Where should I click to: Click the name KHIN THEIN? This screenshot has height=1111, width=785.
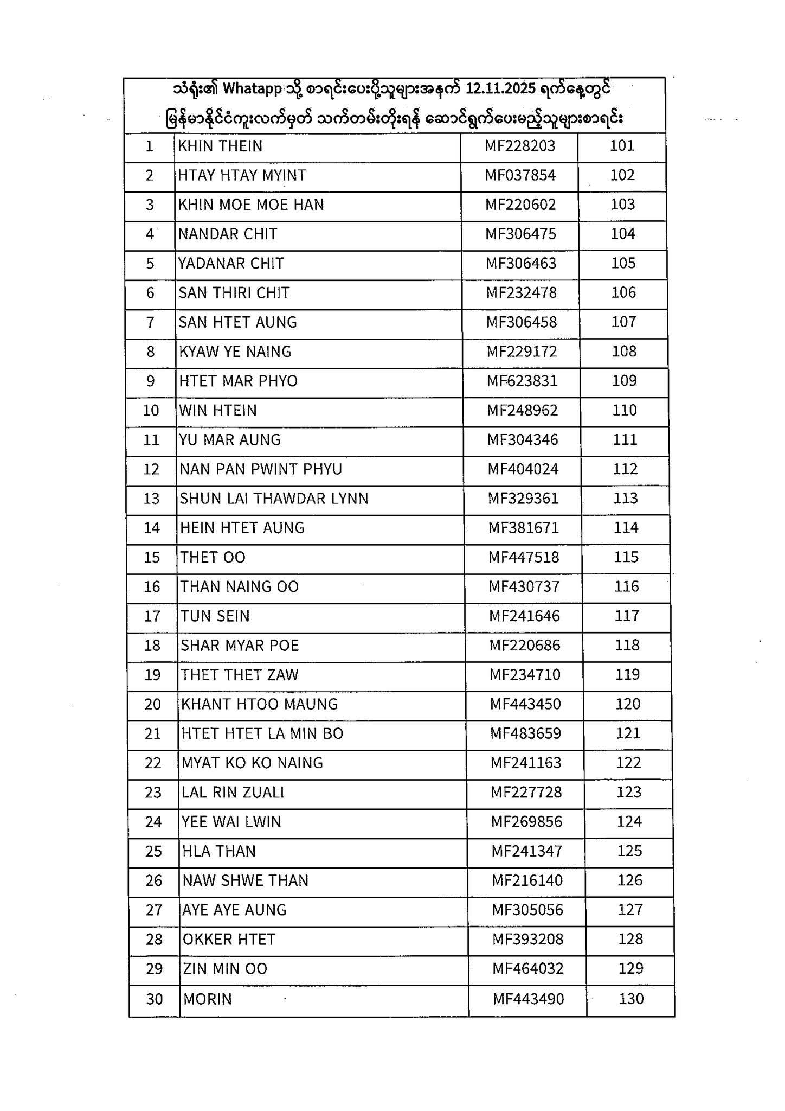click(x=220, y=146)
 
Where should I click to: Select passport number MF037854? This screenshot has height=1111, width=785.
click(x=520, y=175)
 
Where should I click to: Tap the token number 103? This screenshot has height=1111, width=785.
click(x=622, y=204)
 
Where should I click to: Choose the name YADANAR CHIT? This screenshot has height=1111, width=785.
click(x=231, y=263)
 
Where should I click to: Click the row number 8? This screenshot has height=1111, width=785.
click(x=150, y=352)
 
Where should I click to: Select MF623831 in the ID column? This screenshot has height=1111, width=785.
click(x=522, y=381)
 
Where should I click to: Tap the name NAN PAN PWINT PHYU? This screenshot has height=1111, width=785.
click(x=261, y=469)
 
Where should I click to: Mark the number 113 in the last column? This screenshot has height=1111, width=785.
click(x=625, y=498)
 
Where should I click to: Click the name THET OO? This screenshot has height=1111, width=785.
click(x=213, y=557)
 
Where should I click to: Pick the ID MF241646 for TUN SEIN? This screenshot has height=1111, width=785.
click(x=524, y=616)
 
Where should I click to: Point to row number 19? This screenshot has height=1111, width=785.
click(x=152, y=675)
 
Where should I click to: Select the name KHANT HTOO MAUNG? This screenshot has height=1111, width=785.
click(x=259, y=704)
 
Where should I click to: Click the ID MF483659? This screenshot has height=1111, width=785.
click(x=526, y=733)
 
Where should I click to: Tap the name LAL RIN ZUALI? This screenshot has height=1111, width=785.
click(x=233, y=792)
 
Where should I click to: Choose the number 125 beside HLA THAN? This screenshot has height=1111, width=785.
click(x=629, y=851)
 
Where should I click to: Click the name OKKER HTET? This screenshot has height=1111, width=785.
click(x=229, y=939)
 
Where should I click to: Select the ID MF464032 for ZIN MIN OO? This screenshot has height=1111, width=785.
click(x=528, y=968)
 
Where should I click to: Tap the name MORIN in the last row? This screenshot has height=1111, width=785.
click(x=208, y=999)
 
